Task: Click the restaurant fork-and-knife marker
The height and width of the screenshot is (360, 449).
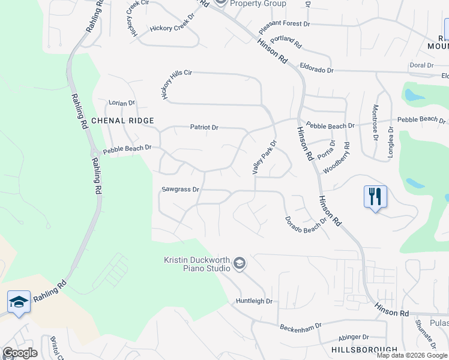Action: pos(375,196)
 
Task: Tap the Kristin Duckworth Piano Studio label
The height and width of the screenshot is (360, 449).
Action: pos(197,263)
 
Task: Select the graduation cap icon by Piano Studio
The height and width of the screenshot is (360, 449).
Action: pos(240,263)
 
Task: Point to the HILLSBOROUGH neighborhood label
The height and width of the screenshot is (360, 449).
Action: pos(364,349)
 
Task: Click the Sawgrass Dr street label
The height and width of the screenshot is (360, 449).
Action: pos(180,190)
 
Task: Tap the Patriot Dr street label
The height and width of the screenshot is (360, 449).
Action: pos(204,127)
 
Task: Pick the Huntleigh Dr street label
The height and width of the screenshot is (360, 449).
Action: pos(254,301)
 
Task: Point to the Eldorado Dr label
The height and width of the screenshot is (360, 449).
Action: pos(316,70)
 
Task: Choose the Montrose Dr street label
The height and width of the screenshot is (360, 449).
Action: pos(375,119)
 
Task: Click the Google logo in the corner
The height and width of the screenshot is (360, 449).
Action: pos(20,353)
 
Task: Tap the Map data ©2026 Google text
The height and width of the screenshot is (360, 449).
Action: pos(412,355)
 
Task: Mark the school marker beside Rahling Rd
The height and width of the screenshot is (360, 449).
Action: pos(19,302)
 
